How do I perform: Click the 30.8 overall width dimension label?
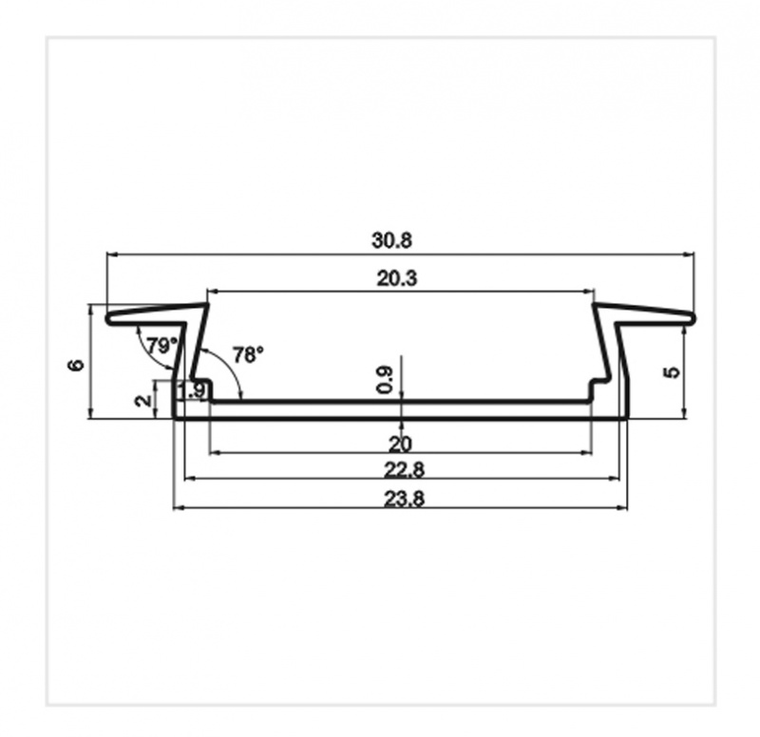(x=391, y=240)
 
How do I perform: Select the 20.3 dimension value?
(x=396, y=278)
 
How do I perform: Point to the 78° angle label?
(x=248, y=354)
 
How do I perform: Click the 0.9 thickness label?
(x=385, y=379)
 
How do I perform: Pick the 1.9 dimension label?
(x=193, y=390)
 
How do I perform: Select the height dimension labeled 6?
(x=78, y=365)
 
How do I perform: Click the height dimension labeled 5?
(x=674, y=372)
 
